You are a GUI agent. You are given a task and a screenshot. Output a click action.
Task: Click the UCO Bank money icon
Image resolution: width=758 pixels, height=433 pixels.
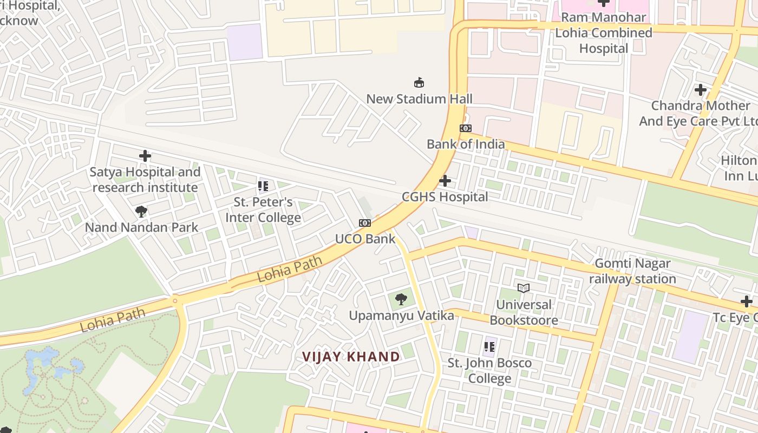click(365, 223)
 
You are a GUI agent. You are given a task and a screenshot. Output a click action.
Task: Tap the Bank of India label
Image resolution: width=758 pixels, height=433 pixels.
click(466, 144)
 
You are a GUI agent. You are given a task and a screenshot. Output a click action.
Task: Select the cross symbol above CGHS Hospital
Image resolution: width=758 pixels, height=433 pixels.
click(445, 181)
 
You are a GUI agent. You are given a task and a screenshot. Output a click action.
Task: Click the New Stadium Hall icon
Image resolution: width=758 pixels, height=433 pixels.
click(419, 83)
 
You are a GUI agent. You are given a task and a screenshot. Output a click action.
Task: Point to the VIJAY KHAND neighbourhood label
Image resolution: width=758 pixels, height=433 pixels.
click(351, 357)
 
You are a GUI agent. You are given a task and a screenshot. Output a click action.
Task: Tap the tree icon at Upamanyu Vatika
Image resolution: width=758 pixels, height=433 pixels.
click(401, 299)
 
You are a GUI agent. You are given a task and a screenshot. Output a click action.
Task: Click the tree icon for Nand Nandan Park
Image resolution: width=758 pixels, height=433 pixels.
click(141, 211)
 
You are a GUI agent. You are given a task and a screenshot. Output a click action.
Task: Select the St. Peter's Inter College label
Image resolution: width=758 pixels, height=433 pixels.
click(263, 210)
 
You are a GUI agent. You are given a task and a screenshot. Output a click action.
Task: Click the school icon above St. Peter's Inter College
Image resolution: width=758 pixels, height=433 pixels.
click(263, 187)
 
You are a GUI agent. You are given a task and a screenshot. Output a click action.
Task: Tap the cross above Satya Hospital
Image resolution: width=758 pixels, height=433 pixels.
click(145, 156)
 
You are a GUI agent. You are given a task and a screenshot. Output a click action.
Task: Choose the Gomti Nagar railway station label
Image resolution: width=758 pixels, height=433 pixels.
click(632, 271)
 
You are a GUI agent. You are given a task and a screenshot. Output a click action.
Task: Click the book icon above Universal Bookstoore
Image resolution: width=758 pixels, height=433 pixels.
click(523, 288)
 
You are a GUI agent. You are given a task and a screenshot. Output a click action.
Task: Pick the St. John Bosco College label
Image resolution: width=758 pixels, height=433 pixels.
click(489, 370)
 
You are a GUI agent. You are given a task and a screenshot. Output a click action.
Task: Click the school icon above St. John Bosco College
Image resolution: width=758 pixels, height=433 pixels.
click(490, 346)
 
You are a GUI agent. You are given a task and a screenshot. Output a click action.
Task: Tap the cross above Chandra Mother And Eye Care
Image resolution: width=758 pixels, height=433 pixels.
click(701, 90)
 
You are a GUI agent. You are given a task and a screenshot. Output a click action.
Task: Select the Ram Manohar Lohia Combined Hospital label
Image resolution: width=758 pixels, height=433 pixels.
click(603, 32)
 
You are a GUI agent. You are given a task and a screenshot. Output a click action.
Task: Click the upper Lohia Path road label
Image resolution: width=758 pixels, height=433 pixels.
click(290, 269)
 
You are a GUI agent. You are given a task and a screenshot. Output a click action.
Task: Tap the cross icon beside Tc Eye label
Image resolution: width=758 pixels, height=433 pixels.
click(747, 301)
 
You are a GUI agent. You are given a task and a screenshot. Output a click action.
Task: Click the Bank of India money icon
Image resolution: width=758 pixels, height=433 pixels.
click(466, 128)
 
